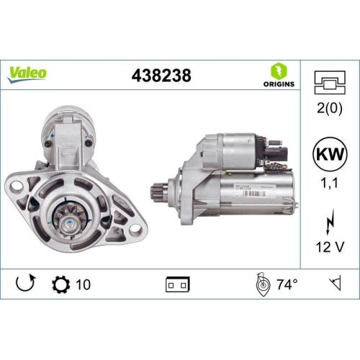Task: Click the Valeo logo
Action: pos(27,73)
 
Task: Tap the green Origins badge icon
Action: pos(279,71)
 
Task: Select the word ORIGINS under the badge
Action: pos(279,84)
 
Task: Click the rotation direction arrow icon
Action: pos(24,284)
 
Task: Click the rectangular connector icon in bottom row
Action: pos(176,284)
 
